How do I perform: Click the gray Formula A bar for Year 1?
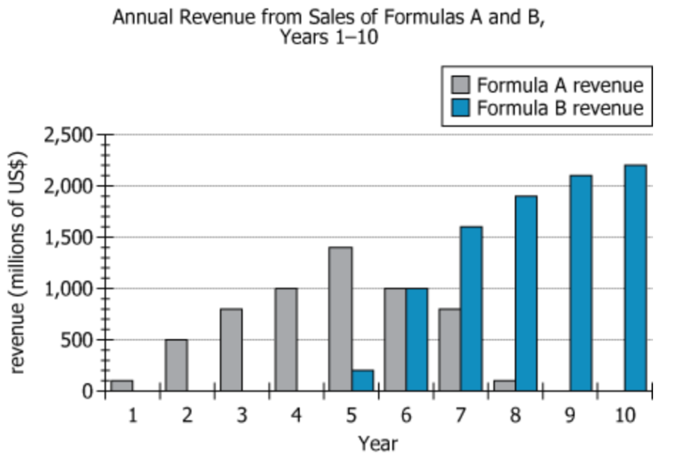pos(122,385)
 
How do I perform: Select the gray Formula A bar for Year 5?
pos(341,319)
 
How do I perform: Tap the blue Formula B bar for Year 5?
pos(362,380)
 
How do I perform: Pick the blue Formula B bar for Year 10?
pos(636,278)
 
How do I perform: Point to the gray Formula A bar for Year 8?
pos(504,385)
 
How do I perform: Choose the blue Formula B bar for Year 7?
pos(472,308)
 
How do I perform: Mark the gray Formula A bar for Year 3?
pos(231,349)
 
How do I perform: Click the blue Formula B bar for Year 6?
pos(417,339)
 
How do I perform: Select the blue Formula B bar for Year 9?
pos(581,283)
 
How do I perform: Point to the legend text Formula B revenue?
pos(560,108)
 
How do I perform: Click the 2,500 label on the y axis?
pos(68,135)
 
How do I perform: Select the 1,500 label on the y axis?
pos(68,237)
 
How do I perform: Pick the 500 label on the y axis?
pos(78,340)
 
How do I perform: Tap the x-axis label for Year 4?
pos(297,416)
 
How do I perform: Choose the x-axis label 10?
pos(625,416)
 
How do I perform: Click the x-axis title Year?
pos(378,444)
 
